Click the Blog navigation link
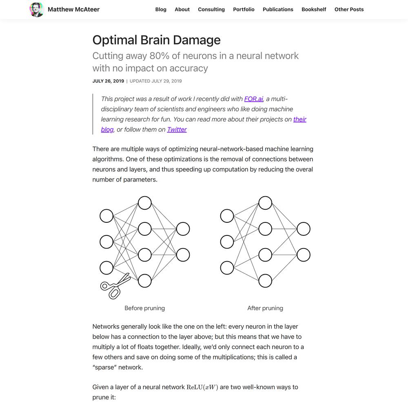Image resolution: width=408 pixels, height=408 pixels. pos(160,9)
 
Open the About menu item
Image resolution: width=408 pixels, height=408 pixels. pos(182,9)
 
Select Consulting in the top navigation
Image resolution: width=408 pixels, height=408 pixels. pos(211,9)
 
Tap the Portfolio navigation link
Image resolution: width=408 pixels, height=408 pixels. pos(244,9)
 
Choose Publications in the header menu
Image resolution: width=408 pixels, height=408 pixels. pos(278,9)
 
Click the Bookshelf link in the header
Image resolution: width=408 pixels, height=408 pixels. pos(314,9)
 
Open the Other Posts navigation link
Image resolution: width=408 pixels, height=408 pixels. pos(349,9)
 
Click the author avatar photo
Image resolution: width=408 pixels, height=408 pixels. pos(36,10)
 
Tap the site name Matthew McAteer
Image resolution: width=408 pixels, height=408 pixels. pos(73,9)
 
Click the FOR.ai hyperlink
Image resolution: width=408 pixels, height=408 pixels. pos(254,99)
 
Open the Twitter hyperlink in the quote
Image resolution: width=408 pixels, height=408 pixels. pos(177,129)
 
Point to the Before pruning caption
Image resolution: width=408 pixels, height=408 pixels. pos(145,308)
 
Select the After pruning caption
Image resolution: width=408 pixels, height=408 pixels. pos(265,308)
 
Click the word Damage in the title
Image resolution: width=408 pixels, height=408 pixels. pos(197,40)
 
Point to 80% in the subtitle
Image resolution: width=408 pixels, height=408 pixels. pos(160,55)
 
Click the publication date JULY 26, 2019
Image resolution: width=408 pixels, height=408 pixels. pos(108,81)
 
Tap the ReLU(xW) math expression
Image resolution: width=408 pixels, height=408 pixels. pos(202,387)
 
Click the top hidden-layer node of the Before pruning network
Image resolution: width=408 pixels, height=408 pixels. pos(145,203)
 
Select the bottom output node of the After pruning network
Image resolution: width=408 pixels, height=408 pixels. pos(304,255)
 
